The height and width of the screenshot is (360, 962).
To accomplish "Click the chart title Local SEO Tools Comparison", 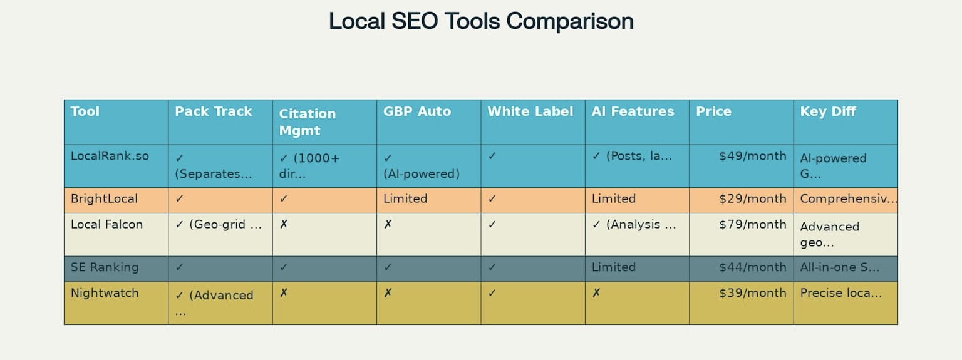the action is coord(481,21).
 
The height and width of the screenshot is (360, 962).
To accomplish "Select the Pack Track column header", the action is coord(213,111).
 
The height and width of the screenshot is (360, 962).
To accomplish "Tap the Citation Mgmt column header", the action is coord(307,122).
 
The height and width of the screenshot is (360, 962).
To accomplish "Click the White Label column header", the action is coord(530,111).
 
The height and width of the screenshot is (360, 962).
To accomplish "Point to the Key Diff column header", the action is coord(827,111).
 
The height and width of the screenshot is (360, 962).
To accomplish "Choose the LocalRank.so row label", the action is coord(110,156).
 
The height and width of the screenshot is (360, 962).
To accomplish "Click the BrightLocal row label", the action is coord(104,198).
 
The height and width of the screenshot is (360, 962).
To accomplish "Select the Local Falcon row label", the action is coord(106,224).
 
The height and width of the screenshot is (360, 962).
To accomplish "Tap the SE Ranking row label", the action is coord(105,267).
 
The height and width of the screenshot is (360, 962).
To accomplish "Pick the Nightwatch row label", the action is coord(105,293).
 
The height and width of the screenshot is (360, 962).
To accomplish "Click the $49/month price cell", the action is coord(752,156).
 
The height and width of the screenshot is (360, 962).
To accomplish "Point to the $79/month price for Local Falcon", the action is coord(752,224).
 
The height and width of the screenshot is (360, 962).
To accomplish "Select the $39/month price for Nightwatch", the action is coord(752,293).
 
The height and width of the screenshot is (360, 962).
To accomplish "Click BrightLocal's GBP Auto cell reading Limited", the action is coord(405,198).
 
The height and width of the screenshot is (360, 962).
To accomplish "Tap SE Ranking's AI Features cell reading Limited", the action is coord(613,267).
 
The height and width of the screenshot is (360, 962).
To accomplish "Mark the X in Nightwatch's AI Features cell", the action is coord(596,293).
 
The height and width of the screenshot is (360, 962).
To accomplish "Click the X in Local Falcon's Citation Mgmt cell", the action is coord(284,224).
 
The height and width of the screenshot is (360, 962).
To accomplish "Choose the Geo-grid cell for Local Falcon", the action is coord(219,224).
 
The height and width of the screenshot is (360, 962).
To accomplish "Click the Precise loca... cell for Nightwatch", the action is coord(841,293).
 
